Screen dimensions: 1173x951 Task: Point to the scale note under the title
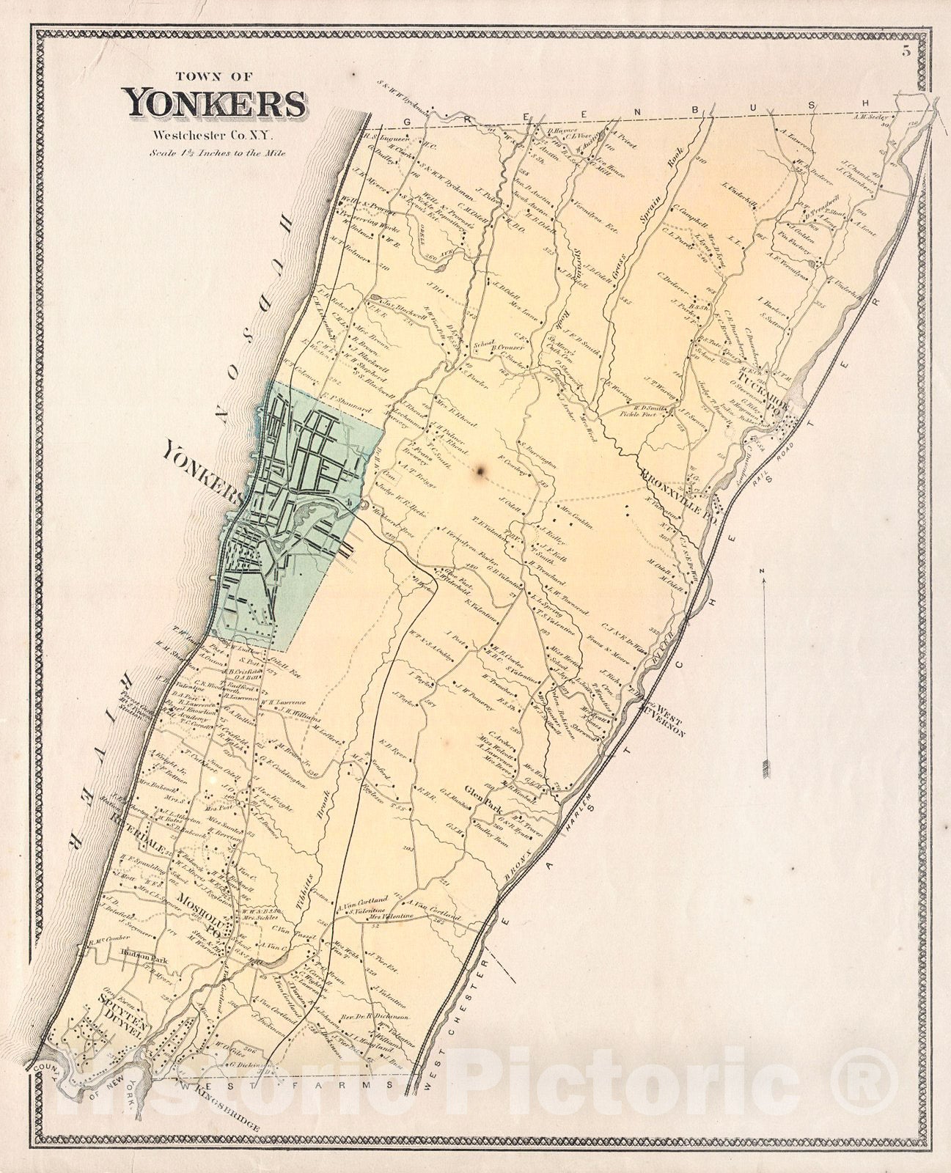[216, 153]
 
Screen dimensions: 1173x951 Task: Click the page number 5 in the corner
[906, 51]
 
